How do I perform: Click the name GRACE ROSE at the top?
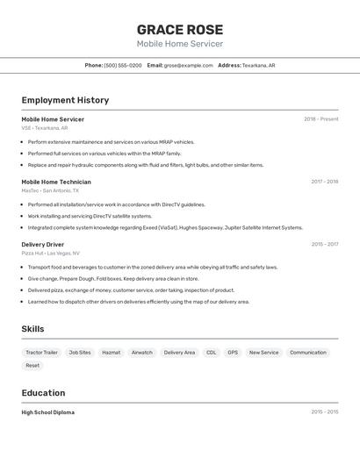(x=180, y=29)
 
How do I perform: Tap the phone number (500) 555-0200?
(x=123, y=65)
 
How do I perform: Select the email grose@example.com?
(x=189, y=65)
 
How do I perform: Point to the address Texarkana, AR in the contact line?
(x=259, y=65)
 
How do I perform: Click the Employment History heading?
(x=65, y=100)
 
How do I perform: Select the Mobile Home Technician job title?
(x=56, y=182)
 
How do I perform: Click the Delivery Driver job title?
(x=43, y=245)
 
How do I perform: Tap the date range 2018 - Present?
(x=320, y=119)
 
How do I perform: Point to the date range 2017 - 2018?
(x=324, y=182)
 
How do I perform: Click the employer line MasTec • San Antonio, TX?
(x=50, y=190)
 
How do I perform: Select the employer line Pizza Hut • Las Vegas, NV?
(x=51, y=253)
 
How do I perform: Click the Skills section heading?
(x=33, y=329)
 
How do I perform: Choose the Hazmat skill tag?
(x=112, y=353)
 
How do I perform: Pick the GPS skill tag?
(x=233, y=353)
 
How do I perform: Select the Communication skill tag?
(x=308, y=353)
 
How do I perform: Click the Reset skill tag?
(x=32, y=365)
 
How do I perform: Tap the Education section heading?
(x=44, y=393)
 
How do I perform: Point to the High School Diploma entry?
(x=48, y=412)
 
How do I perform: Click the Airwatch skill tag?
(x=142, y=353)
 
